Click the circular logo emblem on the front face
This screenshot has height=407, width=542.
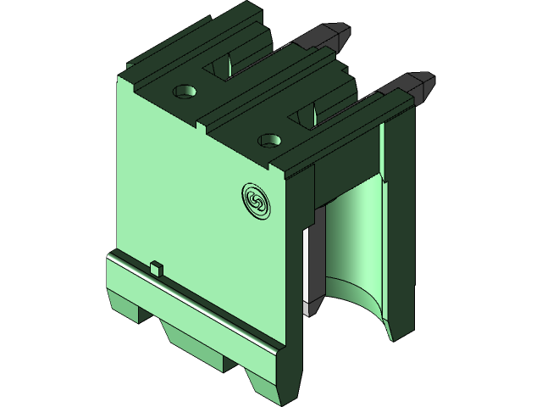coord(255,199)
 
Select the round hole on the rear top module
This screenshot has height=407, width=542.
coord(185,90)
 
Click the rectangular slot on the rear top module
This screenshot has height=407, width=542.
coord(227,66)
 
